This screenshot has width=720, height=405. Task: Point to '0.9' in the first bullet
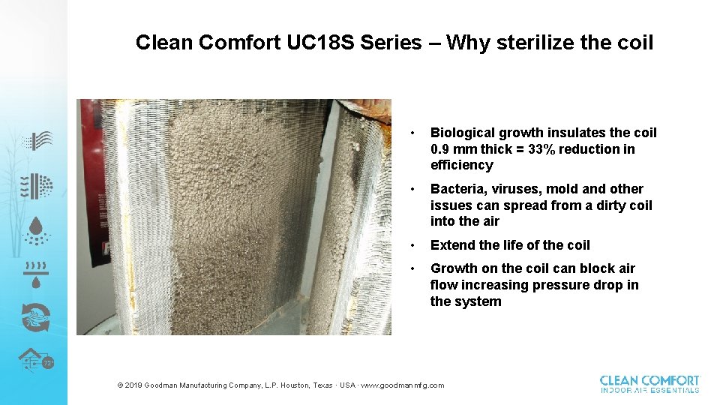coord(441,149)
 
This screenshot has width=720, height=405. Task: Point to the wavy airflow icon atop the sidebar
coord(36,140)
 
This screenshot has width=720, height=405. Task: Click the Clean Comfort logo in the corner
coord(649,384)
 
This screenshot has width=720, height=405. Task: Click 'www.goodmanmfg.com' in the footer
coord(403,385)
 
